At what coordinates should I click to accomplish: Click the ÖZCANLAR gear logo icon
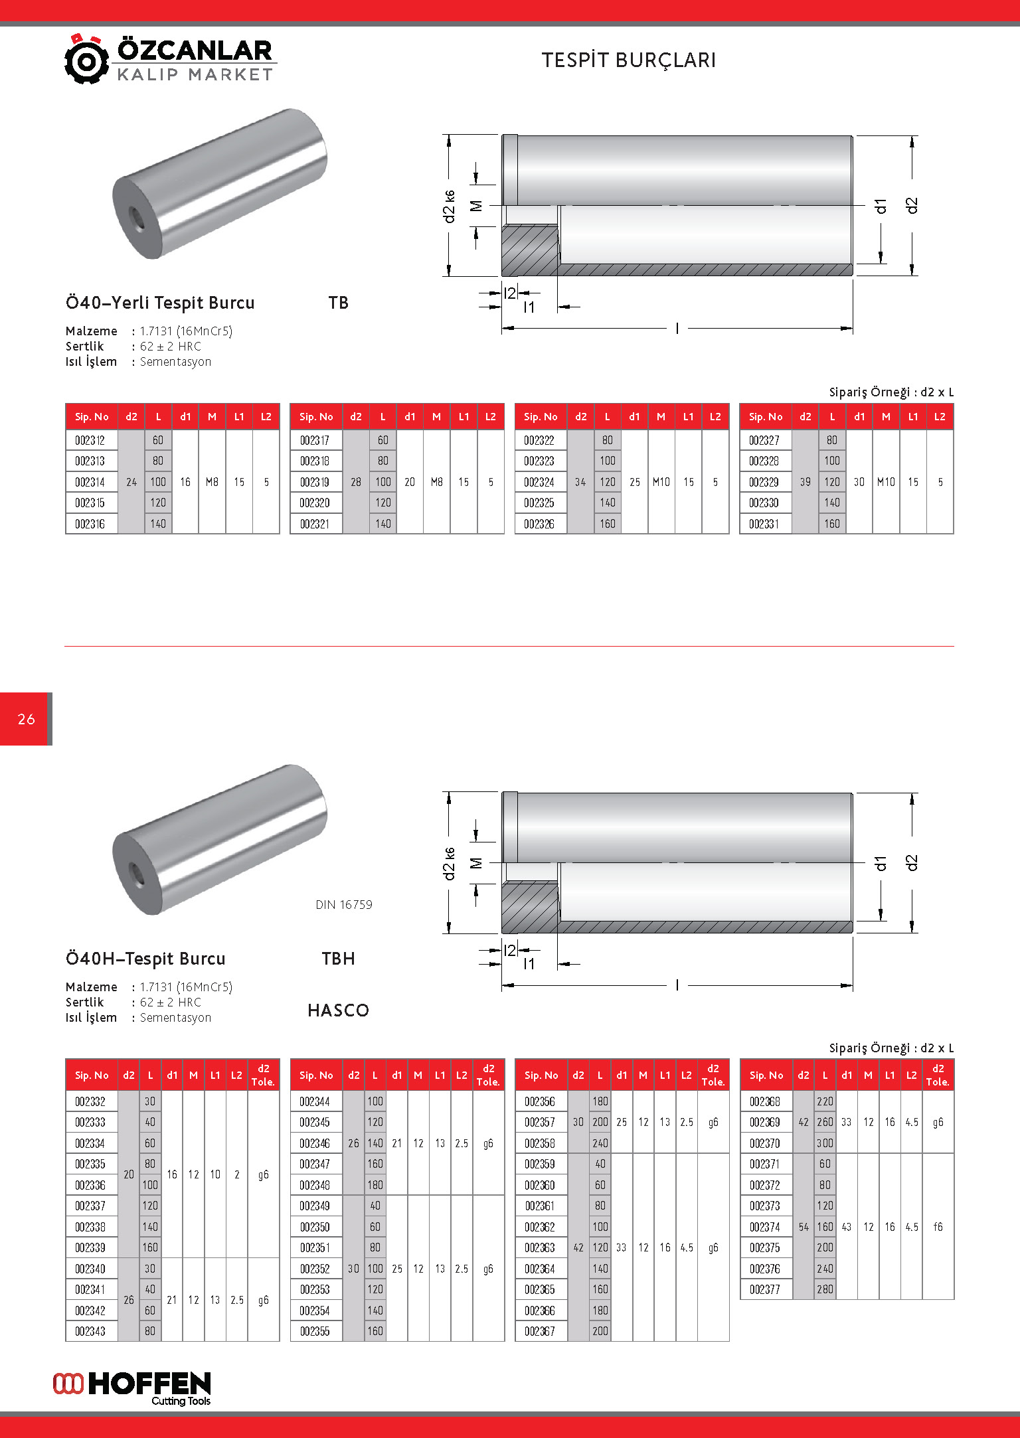(86, 60)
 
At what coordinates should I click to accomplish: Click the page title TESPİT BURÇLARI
(628, 60)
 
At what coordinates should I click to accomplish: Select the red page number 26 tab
(26, 719)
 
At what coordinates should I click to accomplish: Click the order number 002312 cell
(90, 440)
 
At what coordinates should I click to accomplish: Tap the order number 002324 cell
(539, 482)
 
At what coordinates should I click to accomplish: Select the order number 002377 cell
(765, 1289)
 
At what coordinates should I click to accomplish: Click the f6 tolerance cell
(938, 1227)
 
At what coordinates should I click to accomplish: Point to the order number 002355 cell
(315, 1331)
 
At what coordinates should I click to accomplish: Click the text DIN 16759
(344, 905)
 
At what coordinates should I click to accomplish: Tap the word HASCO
(338, 1010)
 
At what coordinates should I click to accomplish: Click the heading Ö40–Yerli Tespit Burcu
(160, 303)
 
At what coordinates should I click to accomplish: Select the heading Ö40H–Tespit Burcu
(145, 959)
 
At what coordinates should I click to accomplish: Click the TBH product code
(338, 959)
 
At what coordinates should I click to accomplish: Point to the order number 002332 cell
(90, 1101)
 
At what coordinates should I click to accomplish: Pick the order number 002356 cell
(540, 1101)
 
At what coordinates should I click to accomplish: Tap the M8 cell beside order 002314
(212, 482)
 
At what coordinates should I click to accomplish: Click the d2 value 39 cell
(805, 482)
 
